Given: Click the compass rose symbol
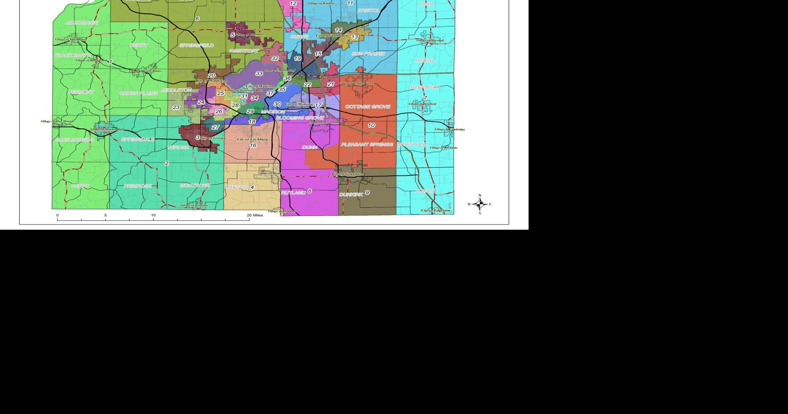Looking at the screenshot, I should tap(480, 204).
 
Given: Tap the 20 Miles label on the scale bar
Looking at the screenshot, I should tap(255, 215).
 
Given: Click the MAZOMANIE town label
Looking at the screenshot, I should tap(82, 22).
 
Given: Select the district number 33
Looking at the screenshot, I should tap(259, 74).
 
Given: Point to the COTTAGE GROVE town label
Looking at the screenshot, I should tap(367, 107).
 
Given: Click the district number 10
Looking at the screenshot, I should tap(371, 126).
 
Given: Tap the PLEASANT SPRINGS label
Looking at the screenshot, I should tap(367, 145).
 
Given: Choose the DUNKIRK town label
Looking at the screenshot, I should tap(351, 194).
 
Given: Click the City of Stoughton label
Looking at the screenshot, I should tap(348, 174).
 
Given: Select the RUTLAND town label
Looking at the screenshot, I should tap(293, 193).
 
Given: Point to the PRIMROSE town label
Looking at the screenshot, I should tap(137, 186).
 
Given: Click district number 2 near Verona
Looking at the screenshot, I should tap(166, 164).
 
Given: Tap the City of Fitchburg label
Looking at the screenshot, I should tap(252, 139).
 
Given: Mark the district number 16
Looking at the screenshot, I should tap(253, 145).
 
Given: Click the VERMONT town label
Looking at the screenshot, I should tap(81, 92).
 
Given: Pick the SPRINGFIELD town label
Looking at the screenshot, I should tap(196, 45).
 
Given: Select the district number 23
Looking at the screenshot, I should tap(176, 108).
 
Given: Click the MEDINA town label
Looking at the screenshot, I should tap(425, 60).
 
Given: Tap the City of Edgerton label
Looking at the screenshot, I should tap(436, 211).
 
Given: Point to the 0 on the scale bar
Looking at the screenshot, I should tap(57, 215).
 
